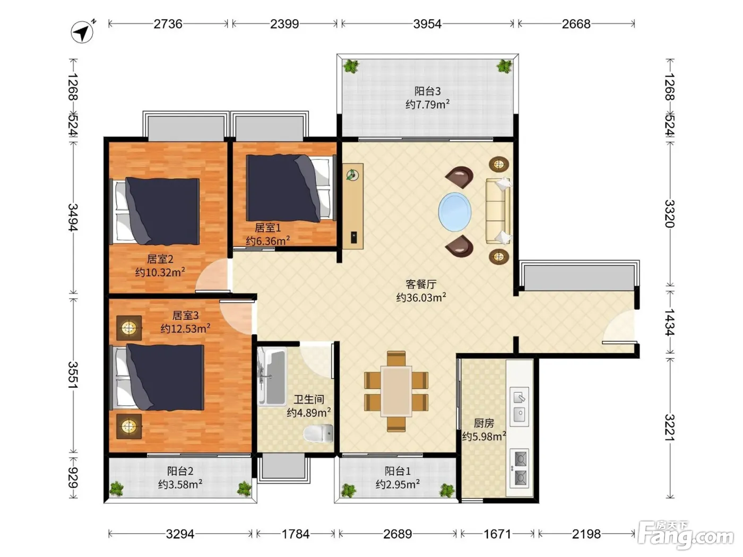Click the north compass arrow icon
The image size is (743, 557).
pyautogui.click(x=82, y=32)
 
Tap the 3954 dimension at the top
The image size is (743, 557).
pyautogui.click(x=427, y=24)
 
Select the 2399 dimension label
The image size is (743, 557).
pyautogui.click(x=284, y=24)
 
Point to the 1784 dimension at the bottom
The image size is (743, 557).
pyautogui.click(x=296, y=534)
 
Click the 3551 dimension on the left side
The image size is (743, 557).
pyautogui.click(x=73, y=375)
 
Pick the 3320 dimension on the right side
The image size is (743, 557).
pyautogui.click(x=670, y=214)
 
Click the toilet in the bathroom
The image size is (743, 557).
pyautogui.click(x=318, y=433)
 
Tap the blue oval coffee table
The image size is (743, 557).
pyautogui.click(x=455, y=212)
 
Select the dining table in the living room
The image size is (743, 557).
pyautogui.click(x=396, y=391)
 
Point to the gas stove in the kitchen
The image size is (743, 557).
pyautogui.click(x=519, y=468)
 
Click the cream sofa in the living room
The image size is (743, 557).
pyautogui.click(x=498, y=211)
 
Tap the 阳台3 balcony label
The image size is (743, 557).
pyautogui.click(x=428, y=91)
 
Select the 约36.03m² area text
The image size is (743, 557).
pyautogui.click(x=421, y=297)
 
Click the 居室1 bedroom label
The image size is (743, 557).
pyautogui.click(x=268, y=228)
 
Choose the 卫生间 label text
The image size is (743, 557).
pyautogui.click(x=309, y=399)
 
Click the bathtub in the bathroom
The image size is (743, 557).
pyautogui.click(x=272, y=377)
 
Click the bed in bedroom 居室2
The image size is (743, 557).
pyautogui.click(x=155, y=211)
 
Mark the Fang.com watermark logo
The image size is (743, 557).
pyautogui.click(x=685, y=535)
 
